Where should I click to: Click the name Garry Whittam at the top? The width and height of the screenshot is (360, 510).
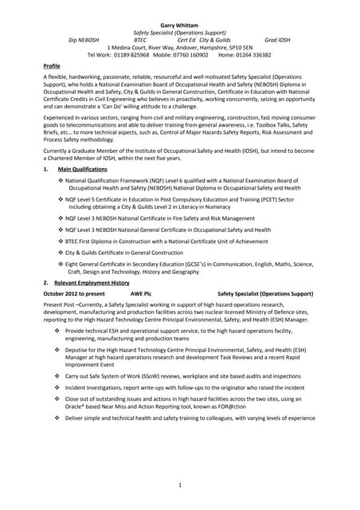coord(179,25)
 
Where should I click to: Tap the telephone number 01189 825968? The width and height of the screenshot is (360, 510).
coord(127,55)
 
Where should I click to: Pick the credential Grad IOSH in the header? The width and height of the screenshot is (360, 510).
coord(279,39)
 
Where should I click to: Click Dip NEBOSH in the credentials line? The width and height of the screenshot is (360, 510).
coord(84,39)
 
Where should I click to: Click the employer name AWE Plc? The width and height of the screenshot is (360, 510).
coord(141,294)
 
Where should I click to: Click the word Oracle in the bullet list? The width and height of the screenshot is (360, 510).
coord(75,404)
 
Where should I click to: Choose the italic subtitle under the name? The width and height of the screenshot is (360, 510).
coord(179,32)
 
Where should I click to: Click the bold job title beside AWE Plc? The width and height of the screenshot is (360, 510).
coord(265,294)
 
